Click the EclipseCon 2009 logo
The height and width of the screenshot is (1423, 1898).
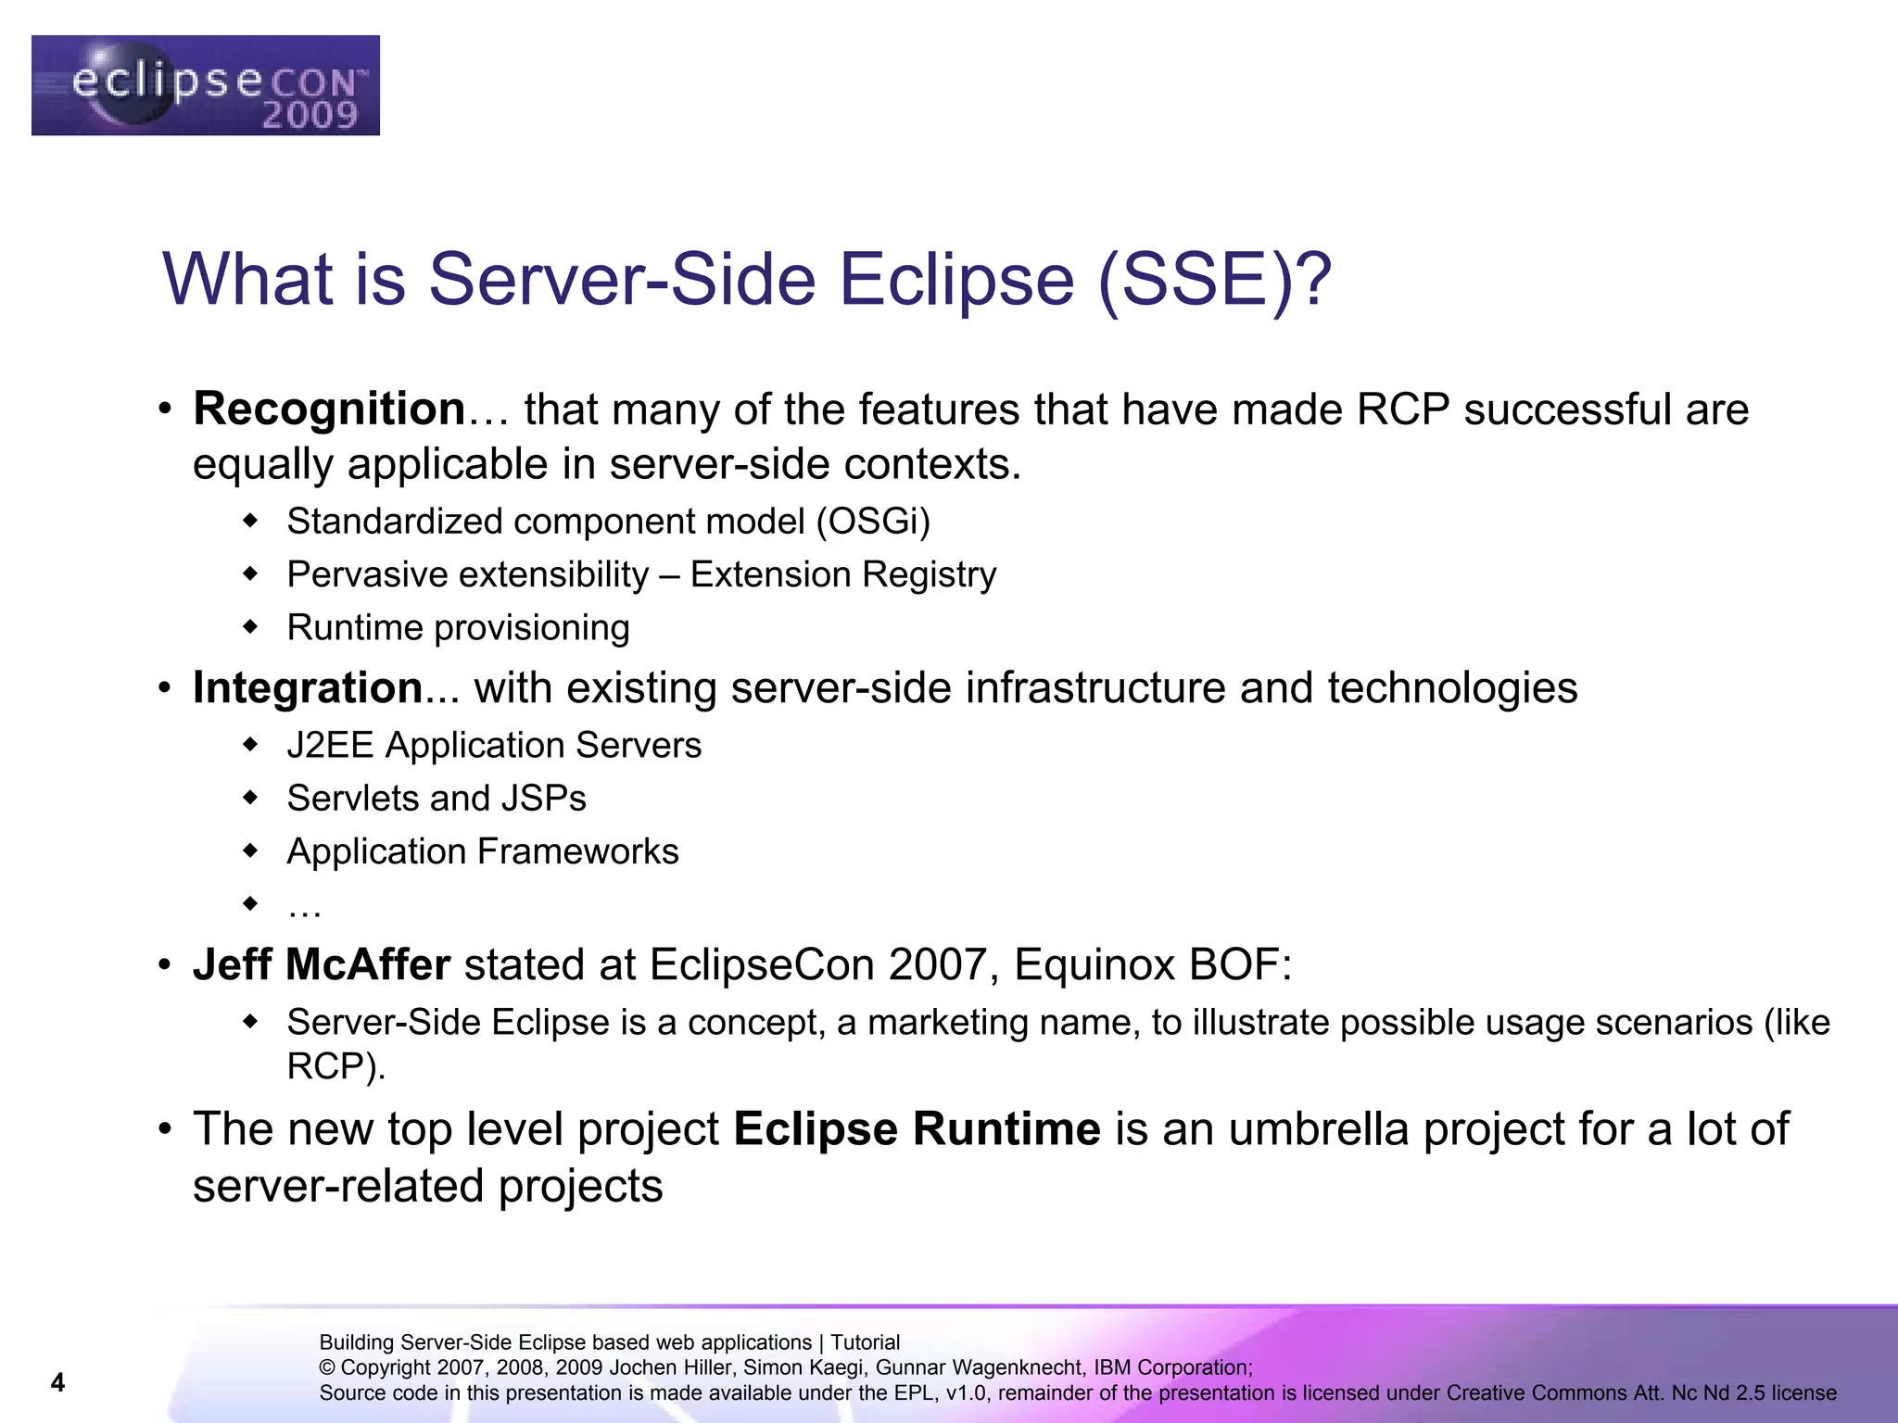point(206,85)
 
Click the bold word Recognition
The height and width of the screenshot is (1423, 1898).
point(328,409)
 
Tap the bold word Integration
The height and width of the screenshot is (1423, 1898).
point(308,687)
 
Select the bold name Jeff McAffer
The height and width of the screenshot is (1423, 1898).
point(322,964)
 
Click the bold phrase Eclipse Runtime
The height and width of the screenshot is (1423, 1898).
point(917,1128)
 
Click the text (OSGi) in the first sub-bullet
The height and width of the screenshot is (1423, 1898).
point(872,522)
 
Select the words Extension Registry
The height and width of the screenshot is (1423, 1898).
point(842,574)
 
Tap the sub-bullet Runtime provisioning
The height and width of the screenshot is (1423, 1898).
point(458,628)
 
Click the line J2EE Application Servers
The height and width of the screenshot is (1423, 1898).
point(494,745)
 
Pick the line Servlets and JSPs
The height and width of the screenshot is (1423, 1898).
point(436,799)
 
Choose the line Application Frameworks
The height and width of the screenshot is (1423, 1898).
point(482,851)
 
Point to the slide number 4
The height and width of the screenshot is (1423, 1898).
point(57,1382)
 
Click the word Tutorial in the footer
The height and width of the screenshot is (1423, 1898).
point(865,1342)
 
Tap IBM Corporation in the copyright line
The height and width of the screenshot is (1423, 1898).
point(1171,1367)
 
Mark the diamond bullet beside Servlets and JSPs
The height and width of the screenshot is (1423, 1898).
point(249,797)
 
